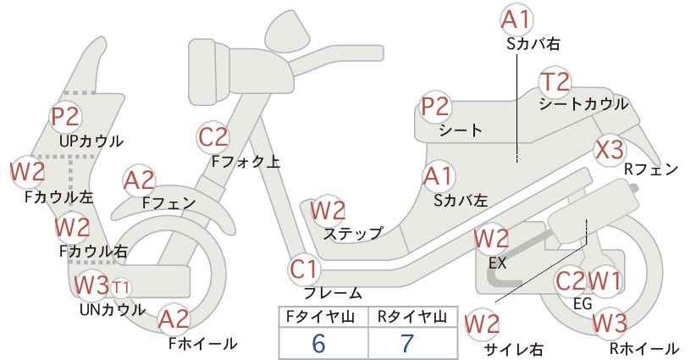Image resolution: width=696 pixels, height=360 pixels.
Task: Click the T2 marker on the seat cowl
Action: [555, 83]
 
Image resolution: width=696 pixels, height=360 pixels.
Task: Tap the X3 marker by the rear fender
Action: [610, 149]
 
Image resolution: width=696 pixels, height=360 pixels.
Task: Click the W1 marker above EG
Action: [605, 280]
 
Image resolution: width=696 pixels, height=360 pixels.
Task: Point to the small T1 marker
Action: [121, 286]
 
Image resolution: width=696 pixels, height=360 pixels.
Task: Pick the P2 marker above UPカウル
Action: [65, 117]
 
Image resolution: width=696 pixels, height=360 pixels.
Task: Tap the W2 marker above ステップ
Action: [328, 210]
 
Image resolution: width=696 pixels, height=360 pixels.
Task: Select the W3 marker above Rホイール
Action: [610, 322]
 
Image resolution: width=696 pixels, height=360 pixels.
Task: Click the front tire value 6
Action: [318, 343]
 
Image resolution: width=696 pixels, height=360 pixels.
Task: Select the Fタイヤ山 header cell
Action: [320, 317]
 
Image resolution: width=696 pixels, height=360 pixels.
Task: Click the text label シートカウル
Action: [583, 104]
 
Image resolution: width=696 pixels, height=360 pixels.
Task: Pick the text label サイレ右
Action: [512, 349]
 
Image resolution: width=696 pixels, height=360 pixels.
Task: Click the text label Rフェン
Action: [651, 169]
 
